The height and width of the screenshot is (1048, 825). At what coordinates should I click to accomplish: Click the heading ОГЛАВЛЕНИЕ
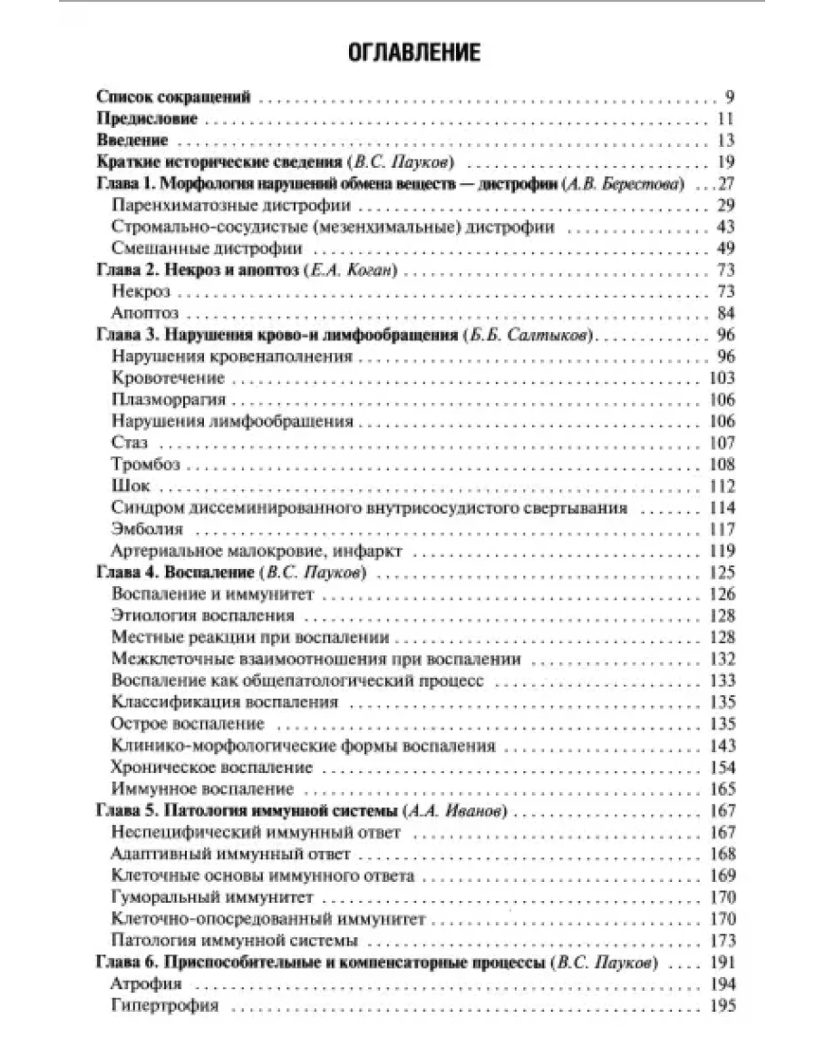412,52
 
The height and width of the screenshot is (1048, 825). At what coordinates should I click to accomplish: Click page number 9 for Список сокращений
729,98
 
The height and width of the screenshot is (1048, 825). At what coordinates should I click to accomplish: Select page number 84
724,313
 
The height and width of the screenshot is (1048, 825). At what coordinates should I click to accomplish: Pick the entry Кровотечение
169,377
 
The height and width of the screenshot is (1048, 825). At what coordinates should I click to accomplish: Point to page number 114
719,508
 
